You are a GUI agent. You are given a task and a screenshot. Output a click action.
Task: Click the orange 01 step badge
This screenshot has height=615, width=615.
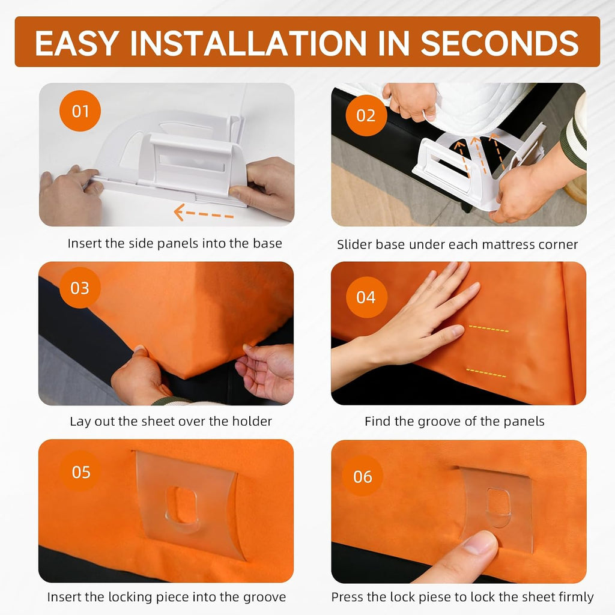point(80,111)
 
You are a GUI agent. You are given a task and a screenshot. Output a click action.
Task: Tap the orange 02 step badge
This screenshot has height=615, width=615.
point(366,115)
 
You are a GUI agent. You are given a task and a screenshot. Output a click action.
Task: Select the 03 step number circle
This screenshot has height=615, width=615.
point(80,288)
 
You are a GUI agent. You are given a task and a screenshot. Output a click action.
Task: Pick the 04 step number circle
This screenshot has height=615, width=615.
point(366,297)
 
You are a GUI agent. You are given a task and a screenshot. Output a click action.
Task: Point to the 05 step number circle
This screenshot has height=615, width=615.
point(81,472)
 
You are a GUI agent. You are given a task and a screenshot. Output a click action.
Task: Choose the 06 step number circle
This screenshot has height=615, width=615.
point(362,476)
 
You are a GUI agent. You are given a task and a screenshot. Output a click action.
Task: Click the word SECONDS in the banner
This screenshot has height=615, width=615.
point(499,43)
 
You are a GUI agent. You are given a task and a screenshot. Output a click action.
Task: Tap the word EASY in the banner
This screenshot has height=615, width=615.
point(77,43)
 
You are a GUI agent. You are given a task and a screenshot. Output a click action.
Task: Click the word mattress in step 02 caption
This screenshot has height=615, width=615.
point(491,244)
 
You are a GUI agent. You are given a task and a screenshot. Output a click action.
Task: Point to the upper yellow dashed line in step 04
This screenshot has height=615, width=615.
point(489,329)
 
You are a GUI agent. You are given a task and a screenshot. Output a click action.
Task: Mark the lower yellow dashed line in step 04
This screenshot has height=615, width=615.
point(486,372)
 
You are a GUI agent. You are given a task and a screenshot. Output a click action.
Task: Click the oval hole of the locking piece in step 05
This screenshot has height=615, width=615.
point(181,504)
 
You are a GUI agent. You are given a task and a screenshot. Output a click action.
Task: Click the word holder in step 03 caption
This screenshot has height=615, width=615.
point(252,421)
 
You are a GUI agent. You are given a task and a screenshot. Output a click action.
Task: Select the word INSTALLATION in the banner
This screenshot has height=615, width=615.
point(248,43)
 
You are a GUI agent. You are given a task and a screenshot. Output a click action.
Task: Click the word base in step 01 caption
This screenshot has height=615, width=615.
point(267,243)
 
